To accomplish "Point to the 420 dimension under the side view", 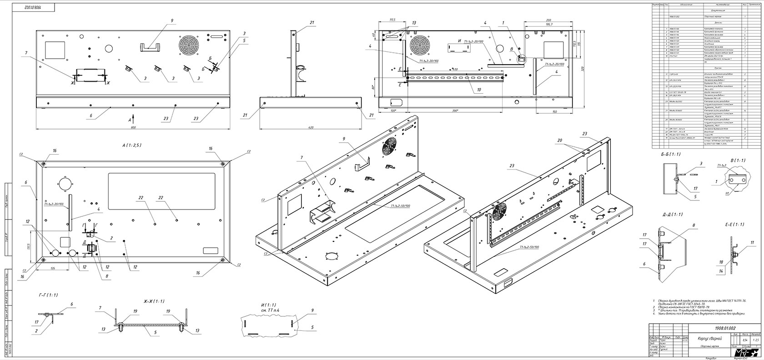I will pos(312,128).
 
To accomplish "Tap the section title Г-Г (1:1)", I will pos(49,295).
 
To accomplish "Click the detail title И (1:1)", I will pos(263,304).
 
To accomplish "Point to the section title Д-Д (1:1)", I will pos(673,214).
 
